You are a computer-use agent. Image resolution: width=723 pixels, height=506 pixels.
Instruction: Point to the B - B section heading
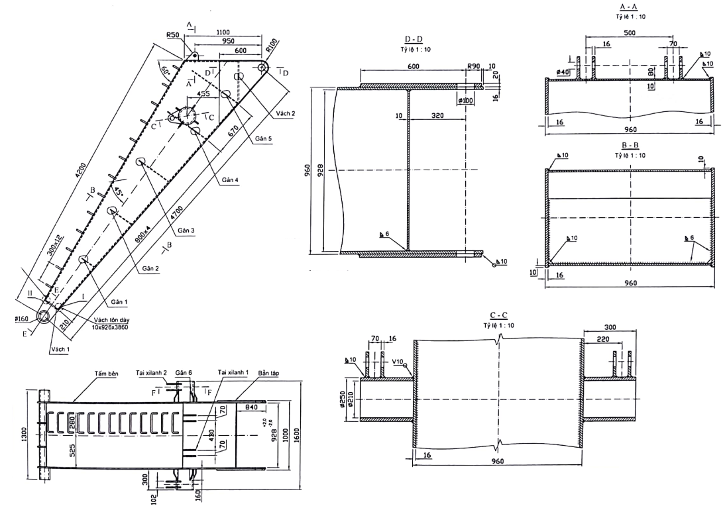pos(630,145)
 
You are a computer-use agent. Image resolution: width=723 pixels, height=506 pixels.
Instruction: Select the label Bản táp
pos(268,374)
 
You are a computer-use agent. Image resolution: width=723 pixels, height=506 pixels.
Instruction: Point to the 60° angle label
pos(164,69)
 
